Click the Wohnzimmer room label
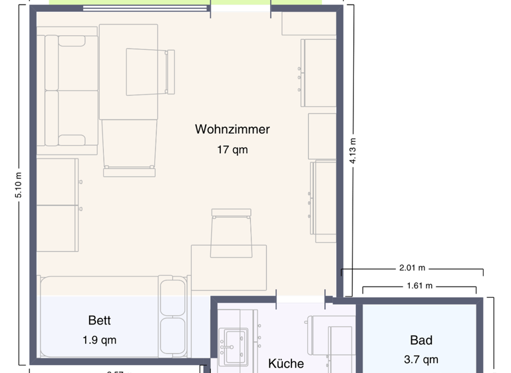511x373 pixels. coord(232,129)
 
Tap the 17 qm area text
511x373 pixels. coord(232,150)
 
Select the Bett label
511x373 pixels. coord(99,320)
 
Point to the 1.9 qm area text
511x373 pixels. coord(99,340)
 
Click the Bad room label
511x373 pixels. coord(421,340)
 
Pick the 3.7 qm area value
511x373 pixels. coord(421,360)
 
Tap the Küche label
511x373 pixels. coord(286,364)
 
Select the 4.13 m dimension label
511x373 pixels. coord(353,151)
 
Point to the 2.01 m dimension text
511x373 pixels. coord(411,268)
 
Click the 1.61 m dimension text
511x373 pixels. coord(419,286)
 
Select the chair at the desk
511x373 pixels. coord(231,232)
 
